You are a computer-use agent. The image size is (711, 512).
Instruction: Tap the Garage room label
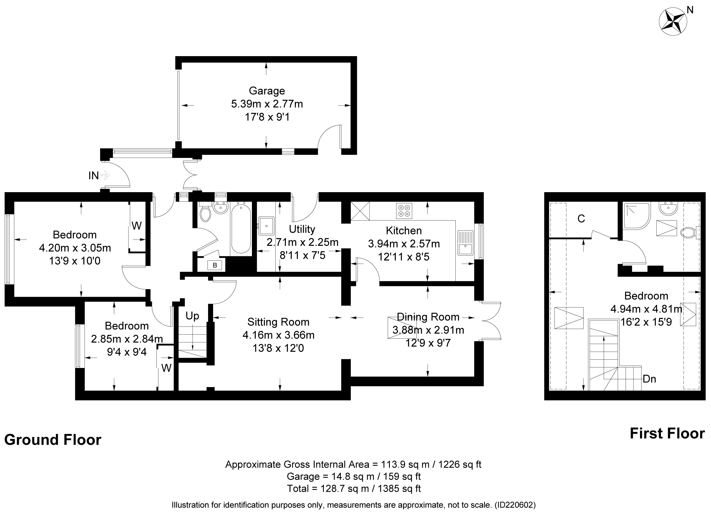click(x=267, y=90)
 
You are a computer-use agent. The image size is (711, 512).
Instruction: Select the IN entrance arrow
click(x=105, y=175)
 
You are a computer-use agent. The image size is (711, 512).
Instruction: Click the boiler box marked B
click(x=215, y=265)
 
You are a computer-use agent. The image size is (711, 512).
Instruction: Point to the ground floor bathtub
click(x=241, y=229)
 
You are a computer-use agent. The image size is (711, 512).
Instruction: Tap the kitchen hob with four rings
click(x=404, y=211)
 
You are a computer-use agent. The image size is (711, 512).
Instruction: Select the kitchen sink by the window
click(x=466, y=243)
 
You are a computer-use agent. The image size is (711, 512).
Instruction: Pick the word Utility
click(x=302, y=229)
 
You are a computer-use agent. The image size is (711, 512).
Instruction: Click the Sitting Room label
click(x=278, y=322)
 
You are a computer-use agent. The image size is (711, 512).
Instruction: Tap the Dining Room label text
click(x=428, y=317)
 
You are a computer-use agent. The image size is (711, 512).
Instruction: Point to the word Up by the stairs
click(x=192, y=316)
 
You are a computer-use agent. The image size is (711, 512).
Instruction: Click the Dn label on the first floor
click(x=649, y=379)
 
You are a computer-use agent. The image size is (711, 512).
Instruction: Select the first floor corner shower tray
click(x=637, y=216)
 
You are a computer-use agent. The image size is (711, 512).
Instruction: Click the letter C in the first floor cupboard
click(x=581, y=219)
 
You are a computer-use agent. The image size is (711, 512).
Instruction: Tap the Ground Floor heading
click(x=53, y=440)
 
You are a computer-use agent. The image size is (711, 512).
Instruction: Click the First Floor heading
click(x=667, y=433)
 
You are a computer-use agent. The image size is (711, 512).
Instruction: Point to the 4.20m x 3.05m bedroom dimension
click(x=75, y=248)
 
